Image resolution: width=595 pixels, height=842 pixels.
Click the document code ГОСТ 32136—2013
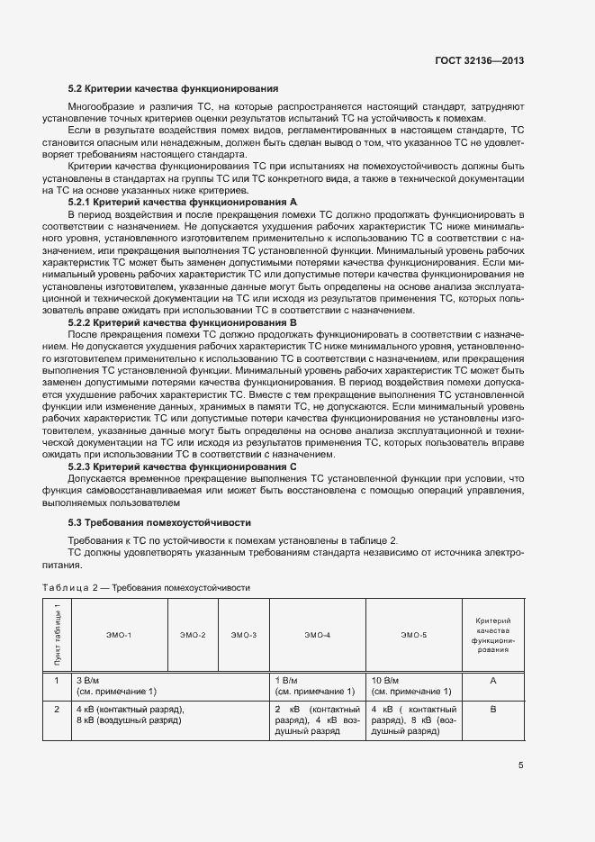(480, 61)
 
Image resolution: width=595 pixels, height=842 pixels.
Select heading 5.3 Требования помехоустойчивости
(147, 522)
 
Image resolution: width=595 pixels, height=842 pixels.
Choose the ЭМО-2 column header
(193, 636)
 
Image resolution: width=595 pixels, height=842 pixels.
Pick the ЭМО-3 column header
(243, 636)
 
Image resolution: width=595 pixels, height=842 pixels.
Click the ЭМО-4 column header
(317, 636)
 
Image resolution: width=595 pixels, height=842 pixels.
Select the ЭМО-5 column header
(413, 636)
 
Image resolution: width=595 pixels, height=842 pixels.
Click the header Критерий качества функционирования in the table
(492, 635)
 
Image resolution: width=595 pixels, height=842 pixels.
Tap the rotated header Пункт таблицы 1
(57, 636)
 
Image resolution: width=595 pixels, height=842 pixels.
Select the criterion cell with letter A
(492, 681)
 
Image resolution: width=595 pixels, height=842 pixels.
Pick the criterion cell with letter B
(492, 710)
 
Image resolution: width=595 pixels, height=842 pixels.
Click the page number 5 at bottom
(520, 766)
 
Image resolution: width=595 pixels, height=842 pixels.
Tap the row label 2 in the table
(57, 710)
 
